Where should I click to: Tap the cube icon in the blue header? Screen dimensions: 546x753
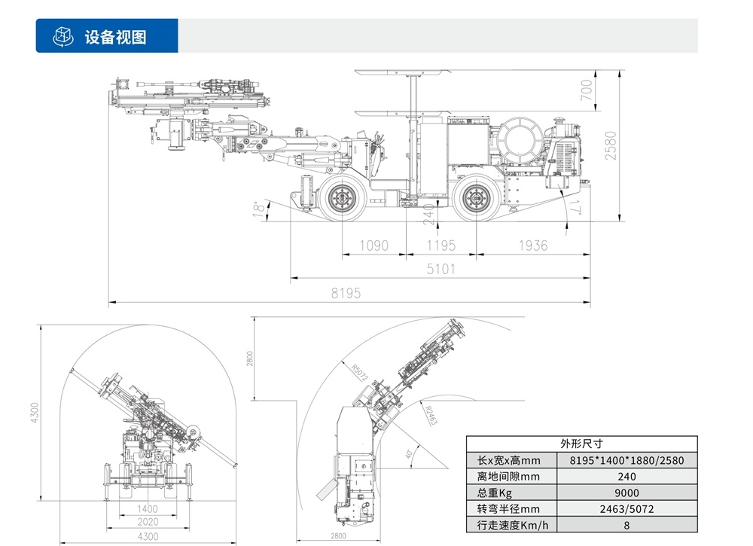click(x=62, y=37)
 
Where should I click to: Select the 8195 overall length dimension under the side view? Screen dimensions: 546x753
click(x=346, y=294)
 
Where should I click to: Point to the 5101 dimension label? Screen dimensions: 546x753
click(x=441, y=269)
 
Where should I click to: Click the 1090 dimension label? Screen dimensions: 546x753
click(x=373, y=246)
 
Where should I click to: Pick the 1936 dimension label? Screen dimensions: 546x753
click(x=532, y=246)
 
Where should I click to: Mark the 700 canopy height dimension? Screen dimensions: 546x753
click(x=588, y=90)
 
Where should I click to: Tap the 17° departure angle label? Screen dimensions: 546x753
click(x=577, y=207)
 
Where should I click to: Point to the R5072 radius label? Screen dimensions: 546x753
click(x=359, y=374)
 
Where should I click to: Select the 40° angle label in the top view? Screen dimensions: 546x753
click(x=409, y=454)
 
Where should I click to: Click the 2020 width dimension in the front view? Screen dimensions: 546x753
click(x=148, y=522)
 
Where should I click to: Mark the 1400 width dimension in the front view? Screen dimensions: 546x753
click(x=148, y=509)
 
